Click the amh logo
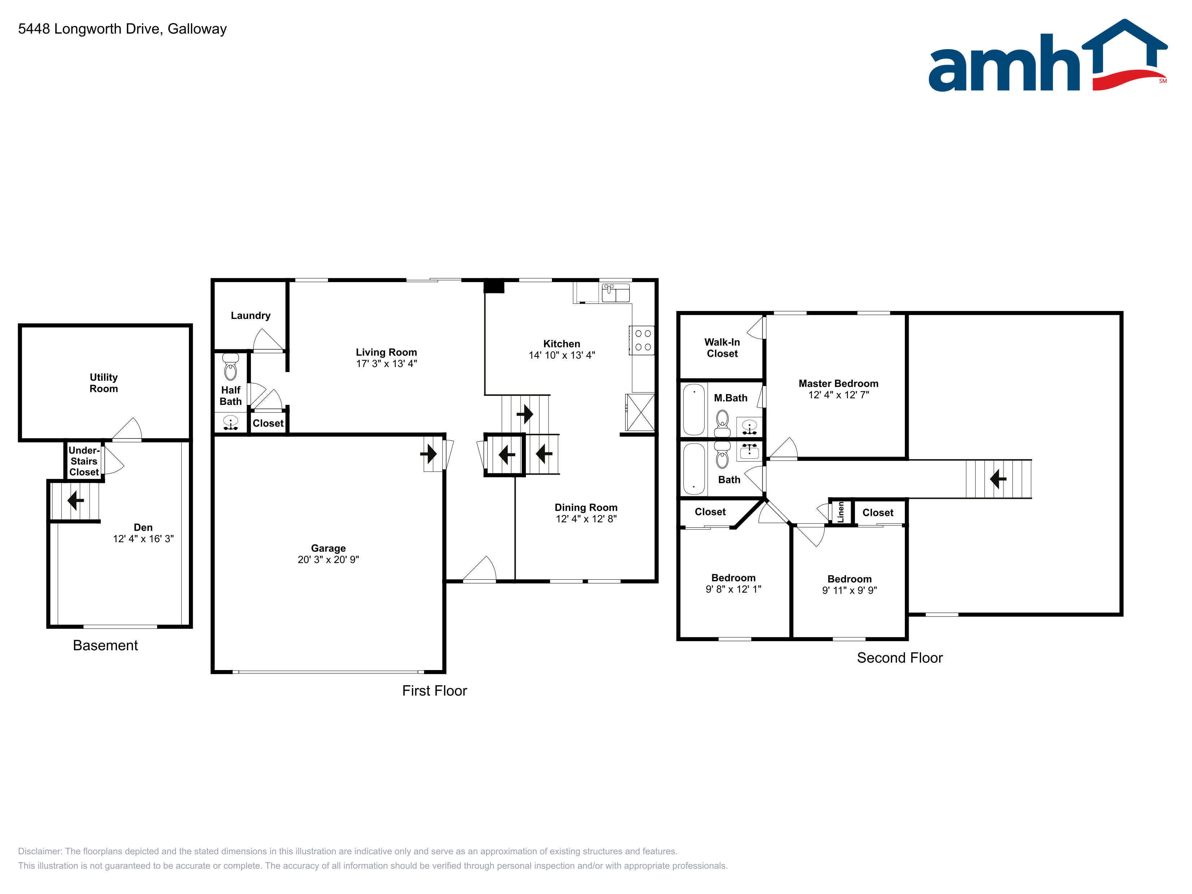pyautogui.click(x=1047, y=56)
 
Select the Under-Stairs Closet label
pyautogui.click(x=84, y=461)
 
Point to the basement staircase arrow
pyautogui.click(x=75, y=501)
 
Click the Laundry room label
pyautogui.click(x=251, y=316)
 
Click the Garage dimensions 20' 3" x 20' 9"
pyautogui.click(x=328, y=560)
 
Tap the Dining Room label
pyautogui.click(x=586, y=508)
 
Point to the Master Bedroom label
pyautogui.click(x=838, y=384)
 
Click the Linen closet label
pyautogui.click(x=841, y=512)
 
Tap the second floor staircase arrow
pyautogui.click(x=998, y=479)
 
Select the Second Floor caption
pyautogui.click(x=900, y=658)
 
